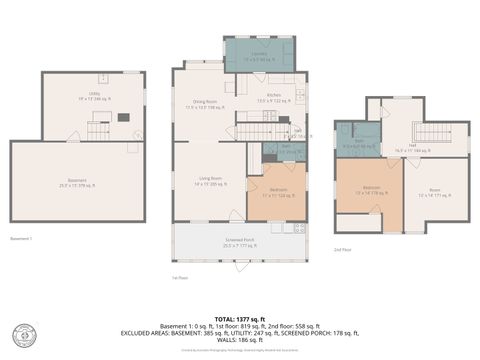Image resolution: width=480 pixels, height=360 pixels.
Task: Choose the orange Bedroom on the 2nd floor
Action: [370, 191]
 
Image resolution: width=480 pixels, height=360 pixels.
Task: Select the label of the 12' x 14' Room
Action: [436, 192]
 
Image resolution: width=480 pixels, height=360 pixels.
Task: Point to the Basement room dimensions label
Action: [78, 183]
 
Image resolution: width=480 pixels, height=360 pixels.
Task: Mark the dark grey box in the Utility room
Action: [123, 117]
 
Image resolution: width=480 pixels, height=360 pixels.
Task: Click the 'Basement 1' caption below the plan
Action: [21, 239]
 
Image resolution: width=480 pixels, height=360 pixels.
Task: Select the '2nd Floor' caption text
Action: [342, 248]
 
